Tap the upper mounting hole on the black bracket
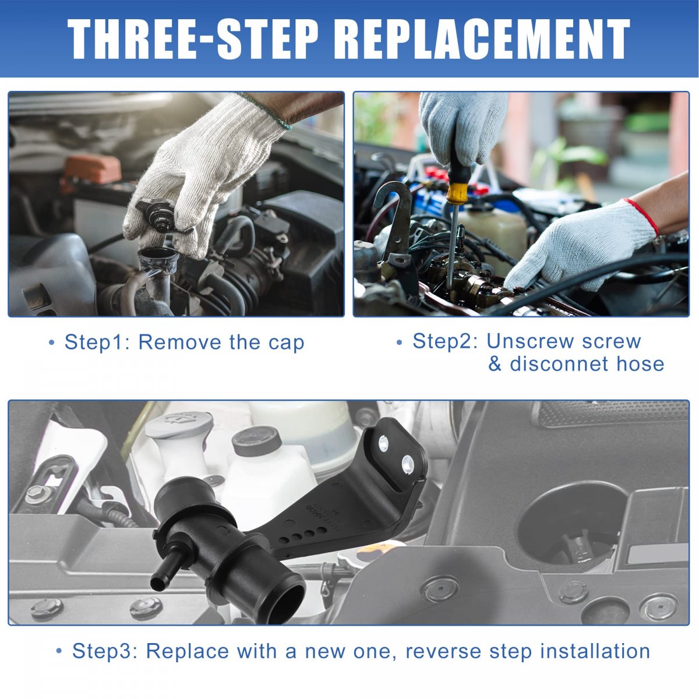[x=383, y=443]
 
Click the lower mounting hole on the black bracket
[x=407, y=464]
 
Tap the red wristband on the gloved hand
[x=641, y=216]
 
